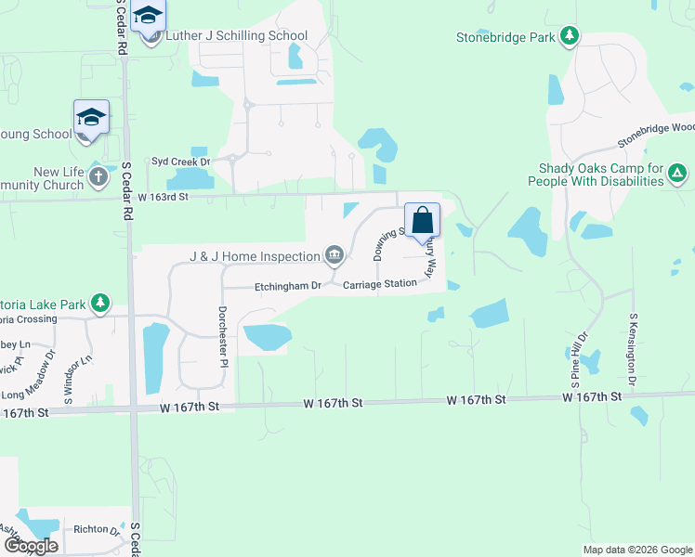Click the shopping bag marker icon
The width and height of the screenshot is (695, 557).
422,221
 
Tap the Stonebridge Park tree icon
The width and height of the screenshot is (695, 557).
570,37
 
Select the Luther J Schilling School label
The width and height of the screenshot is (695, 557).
236,36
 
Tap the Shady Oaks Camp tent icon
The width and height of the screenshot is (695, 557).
679,173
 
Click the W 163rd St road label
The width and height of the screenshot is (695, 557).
164,197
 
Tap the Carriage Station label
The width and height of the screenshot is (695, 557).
379,284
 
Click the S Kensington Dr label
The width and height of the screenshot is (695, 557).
634,350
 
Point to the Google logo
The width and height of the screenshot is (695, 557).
31,546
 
